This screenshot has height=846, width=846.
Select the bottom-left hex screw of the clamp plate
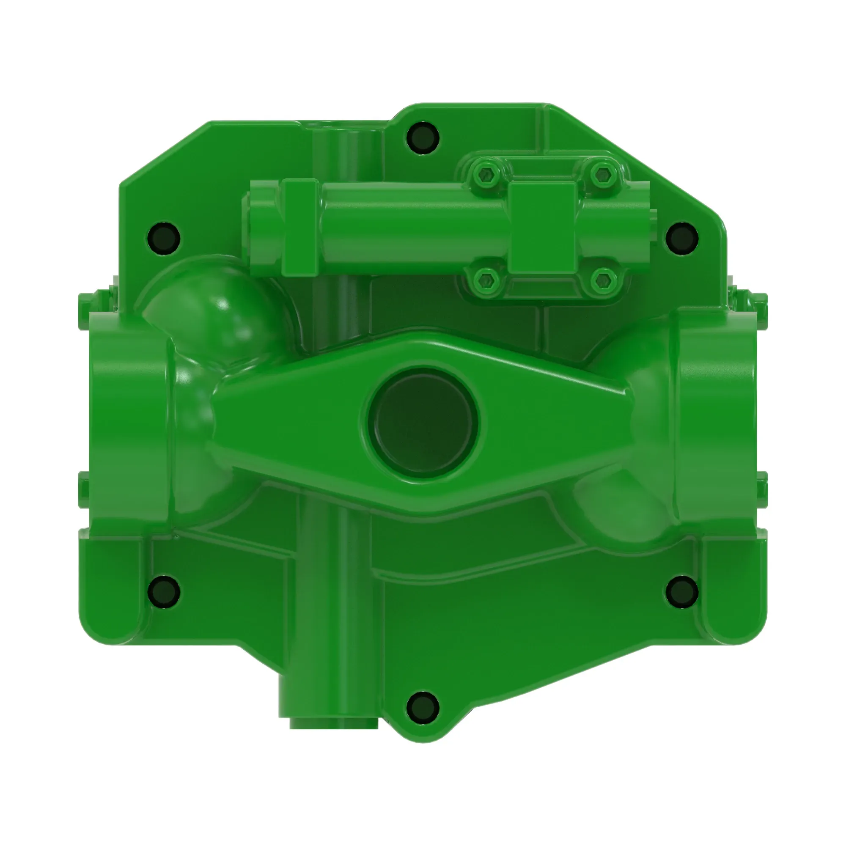487,280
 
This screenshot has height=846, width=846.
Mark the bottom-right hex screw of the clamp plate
604,280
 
